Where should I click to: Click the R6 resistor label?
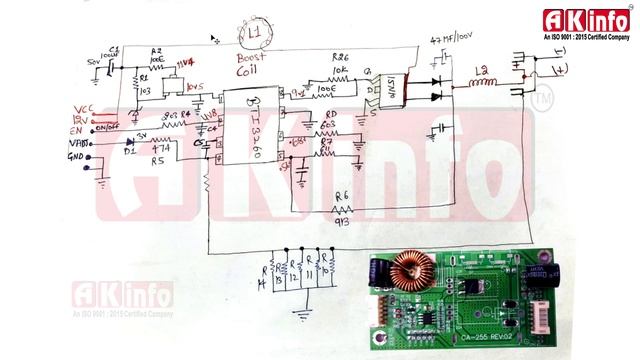(x=342, y=196)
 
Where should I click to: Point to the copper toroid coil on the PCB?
(x=409, y=274)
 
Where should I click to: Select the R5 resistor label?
(x=158, y=160)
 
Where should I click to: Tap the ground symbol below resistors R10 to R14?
(x=299, y=310)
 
